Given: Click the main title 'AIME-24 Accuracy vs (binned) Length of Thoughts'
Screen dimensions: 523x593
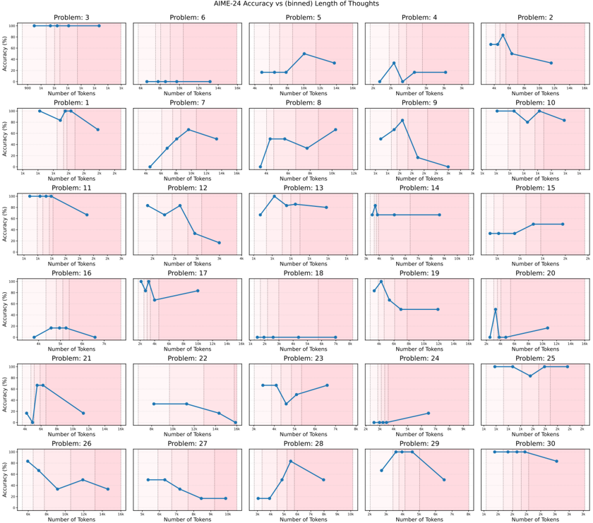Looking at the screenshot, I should (x=296, y=4).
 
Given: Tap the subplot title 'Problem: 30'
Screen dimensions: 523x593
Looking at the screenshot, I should (x=534, y=443).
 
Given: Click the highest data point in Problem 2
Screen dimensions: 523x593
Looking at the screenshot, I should (x=503, y=35).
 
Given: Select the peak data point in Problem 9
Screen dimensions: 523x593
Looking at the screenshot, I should (x=402, y=121).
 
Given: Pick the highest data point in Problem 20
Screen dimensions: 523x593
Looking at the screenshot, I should (x=496, y=309).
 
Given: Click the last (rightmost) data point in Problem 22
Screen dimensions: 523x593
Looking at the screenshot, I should (x=235, y=422).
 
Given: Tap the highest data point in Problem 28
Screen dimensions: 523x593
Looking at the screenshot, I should (x=291, y=462).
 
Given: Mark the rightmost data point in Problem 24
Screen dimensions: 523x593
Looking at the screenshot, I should (x=428, y=413).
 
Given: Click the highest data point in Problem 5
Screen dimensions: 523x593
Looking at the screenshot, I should (x=304, y=54).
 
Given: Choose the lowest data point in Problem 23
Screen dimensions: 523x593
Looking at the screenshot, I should (x=286, y=404).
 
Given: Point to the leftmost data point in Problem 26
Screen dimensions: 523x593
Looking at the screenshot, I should (x=28, y=462).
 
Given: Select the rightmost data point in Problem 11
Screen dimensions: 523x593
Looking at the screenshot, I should (x=87, y=215).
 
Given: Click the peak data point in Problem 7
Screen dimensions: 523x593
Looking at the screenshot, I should (x=188, y=130).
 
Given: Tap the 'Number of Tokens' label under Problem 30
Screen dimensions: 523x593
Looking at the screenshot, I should (x=534, y=519).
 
